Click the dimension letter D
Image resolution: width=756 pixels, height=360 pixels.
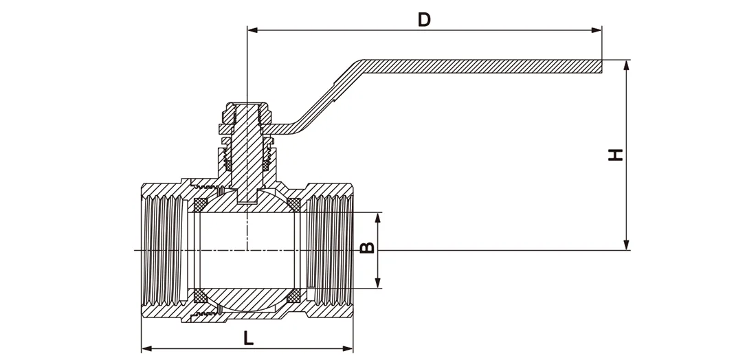click(x=424, y=19)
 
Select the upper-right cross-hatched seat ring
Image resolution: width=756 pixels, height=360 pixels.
click(x=293, y=205)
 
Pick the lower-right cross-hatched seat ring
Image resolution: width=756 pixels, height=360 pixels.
click(x=293, y=295)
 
